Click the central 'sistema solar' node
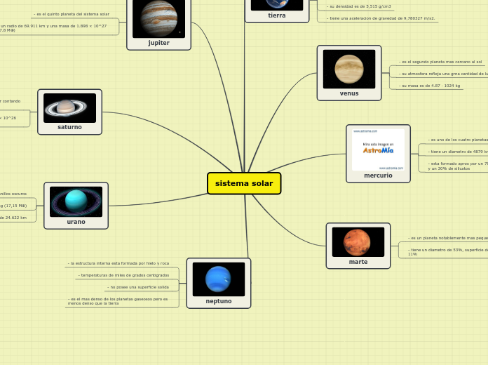(x=244, y=183)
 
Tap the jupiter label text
(x=158, y=43)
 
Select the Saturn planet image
(x=69, y=107)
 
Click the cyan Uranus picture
(x=76, y=201)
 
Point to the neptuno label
(x=218, y=301)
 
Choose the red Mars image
(x=358, y=242)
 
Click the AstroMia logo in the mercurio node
(x=378, y=150)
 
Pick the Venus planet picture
(x=348, y=69)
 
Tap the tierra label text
(x=276, y=15)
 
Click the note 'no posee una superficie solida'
(x=139, y=287)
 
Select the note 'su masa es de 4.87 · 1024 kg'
(x=430, y=86)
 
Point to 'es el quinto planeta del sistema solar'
(x=72, y=14)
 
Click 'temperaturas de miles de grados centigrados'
(x=124, y=275)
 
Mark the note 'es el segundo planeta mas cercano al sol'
(x=440, y=62)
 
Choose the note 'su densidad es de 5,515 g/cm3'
(x=359, y=6)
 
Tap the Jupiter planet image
(x=158, y=18)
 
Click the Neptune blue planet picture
(x=218, y=279)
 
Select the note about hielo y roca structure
(x=119, y=263)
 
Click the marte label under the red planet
(x=358, y=262)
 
